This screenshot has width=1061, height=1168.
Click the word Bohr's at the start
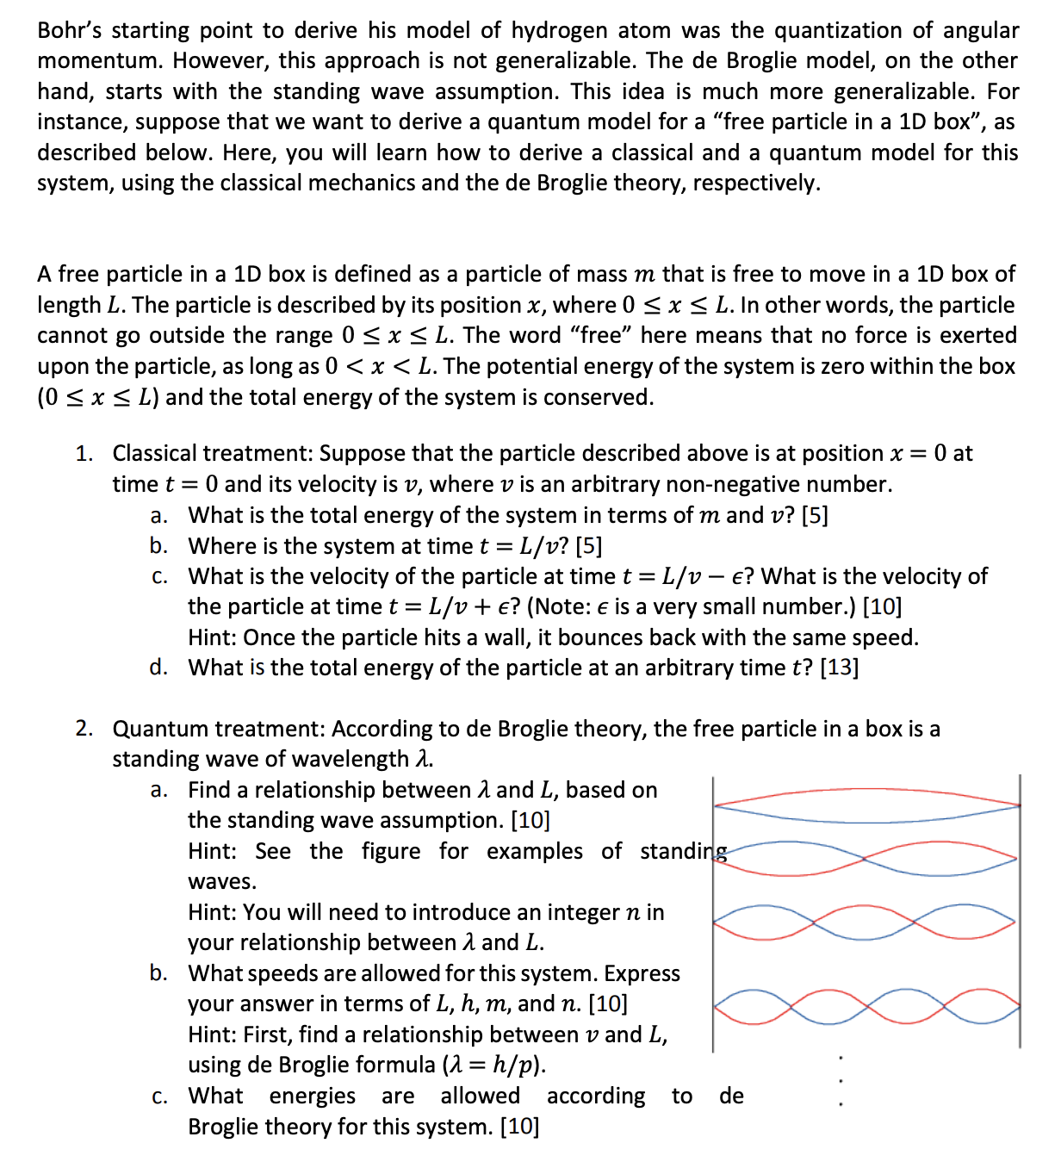pos(70,31)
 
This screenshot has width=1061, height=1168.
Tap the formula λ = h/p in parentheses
pos(493,1065)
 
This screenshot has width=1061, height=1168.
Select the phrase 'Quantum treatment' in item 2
pos(219,729)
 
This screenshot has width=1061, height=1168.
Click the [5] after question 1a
pos(815,515)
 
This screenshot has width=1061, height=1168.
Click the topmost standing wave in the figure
pos(866,805)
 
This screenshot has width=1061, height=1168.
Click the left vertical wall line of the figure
pos(713,913)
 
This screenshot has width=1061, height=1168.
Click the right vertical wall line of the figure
pos(1020,913)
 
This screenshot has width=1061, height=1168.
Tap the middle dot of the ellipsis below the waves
pos(841,1080)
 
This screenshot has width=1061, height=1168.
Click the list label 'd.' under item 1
pos(158,668)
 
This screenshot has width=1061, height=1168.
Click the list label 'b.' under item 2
pos(158,973)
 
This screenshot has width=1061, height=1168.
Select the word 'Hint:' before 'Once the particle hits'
pos(213,637)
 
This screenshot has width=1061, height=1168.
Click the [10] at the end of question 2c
pos(519,1127)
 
